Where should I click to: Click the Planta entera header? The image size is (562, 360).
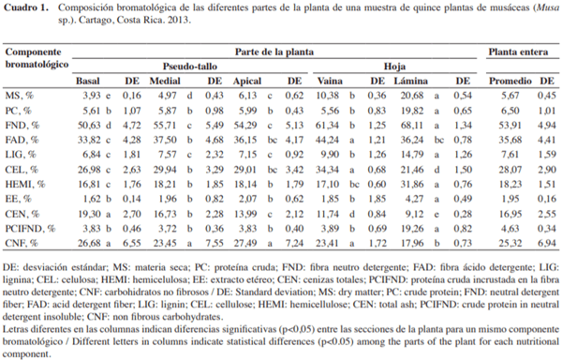tap(516, 52)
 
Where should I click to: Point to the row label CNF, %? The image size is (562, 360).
tap(24, 243)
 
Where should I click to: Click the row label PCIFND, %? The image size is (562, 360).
tap(31, 229)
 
